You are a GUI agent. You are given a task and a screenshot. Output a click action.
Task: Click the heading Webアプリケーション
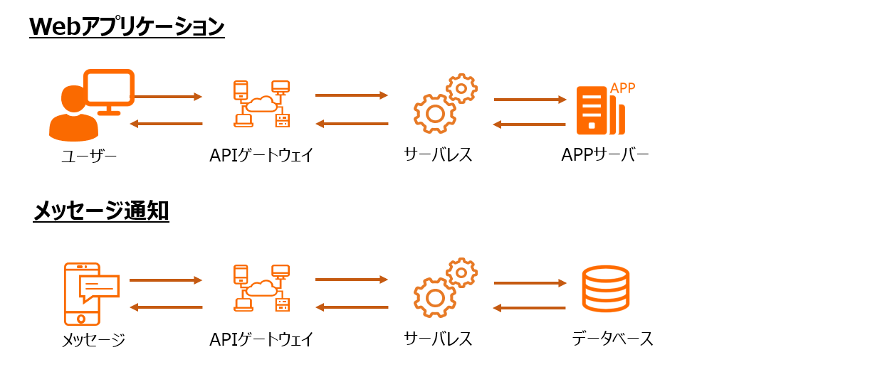coord(127,26)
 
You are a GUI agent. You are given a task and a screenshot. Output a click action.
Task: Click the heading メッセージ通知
coord(101,211)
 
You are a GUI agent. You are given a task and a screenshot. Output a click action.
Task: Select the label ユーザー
coord(88,155)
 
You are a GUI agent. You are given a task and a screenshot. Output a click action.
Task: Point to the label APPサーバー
coord(604,154)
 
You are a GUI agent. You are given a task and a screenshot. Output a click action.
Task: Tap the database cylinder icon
coord(606,289)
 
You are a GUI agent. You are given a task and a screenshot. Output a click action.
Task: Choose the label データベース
coord(612,339)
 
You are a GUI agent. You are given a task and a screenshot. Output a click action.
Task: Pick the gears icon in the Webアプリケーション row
coord(445,103)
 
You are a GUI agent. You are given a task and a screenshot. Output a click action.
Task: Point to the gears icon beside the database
coord(445,287)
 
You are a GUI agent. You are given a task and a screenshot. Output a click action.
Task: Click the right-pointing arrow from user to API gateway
coord(167,96)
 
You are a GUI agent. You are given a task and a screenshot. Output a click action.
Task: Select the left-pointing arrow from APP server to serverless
coord(530,124)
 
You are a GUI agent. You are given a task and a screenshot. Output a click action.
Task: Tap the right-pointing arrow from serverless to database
coord(530,283)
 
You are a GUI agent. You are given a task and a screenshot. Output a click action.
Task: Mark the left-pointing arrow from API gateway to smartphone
coord(167,307)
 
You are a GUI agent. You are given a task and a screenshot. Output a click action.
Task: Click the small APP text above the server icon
coord(622,88)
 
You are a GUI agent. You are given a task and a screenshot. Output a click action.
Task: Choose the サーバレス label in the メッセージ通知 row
coord(438,339)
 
